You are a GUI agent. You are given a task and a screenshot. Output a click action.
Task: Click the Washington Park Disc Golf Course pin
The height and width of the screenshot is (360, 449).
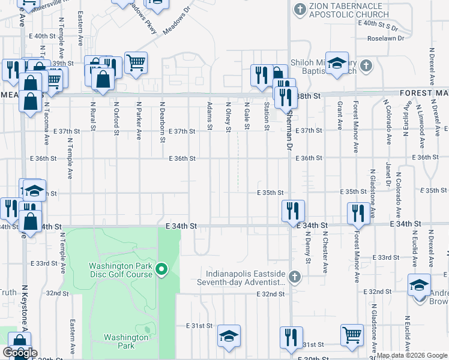161,271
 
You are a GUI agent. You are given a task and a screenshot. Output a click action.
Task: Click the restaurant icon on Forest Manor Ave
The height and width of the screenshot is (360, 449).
358,214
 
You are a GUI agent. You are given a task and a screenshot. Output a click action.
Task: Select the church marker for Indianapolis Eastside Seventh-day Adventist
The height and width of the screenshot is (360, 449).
294,277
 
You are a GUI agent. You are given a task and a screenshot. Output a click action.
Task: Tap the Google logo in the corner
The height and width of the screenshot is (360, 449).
19,353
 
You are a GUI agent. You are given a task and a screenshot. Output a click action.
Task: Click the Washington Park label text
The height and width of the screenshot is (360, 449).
125,341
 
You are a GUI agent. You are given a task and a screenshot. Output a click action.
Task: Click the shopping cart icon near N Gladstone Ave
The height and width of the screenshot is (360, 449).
352,335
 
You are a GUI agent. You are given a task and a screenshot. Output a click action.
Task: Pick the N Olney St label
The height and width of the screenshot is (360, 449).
228,114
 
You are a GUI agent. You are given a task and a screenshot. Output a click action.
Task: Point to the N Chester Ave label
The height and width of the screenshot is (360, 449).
325,247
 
